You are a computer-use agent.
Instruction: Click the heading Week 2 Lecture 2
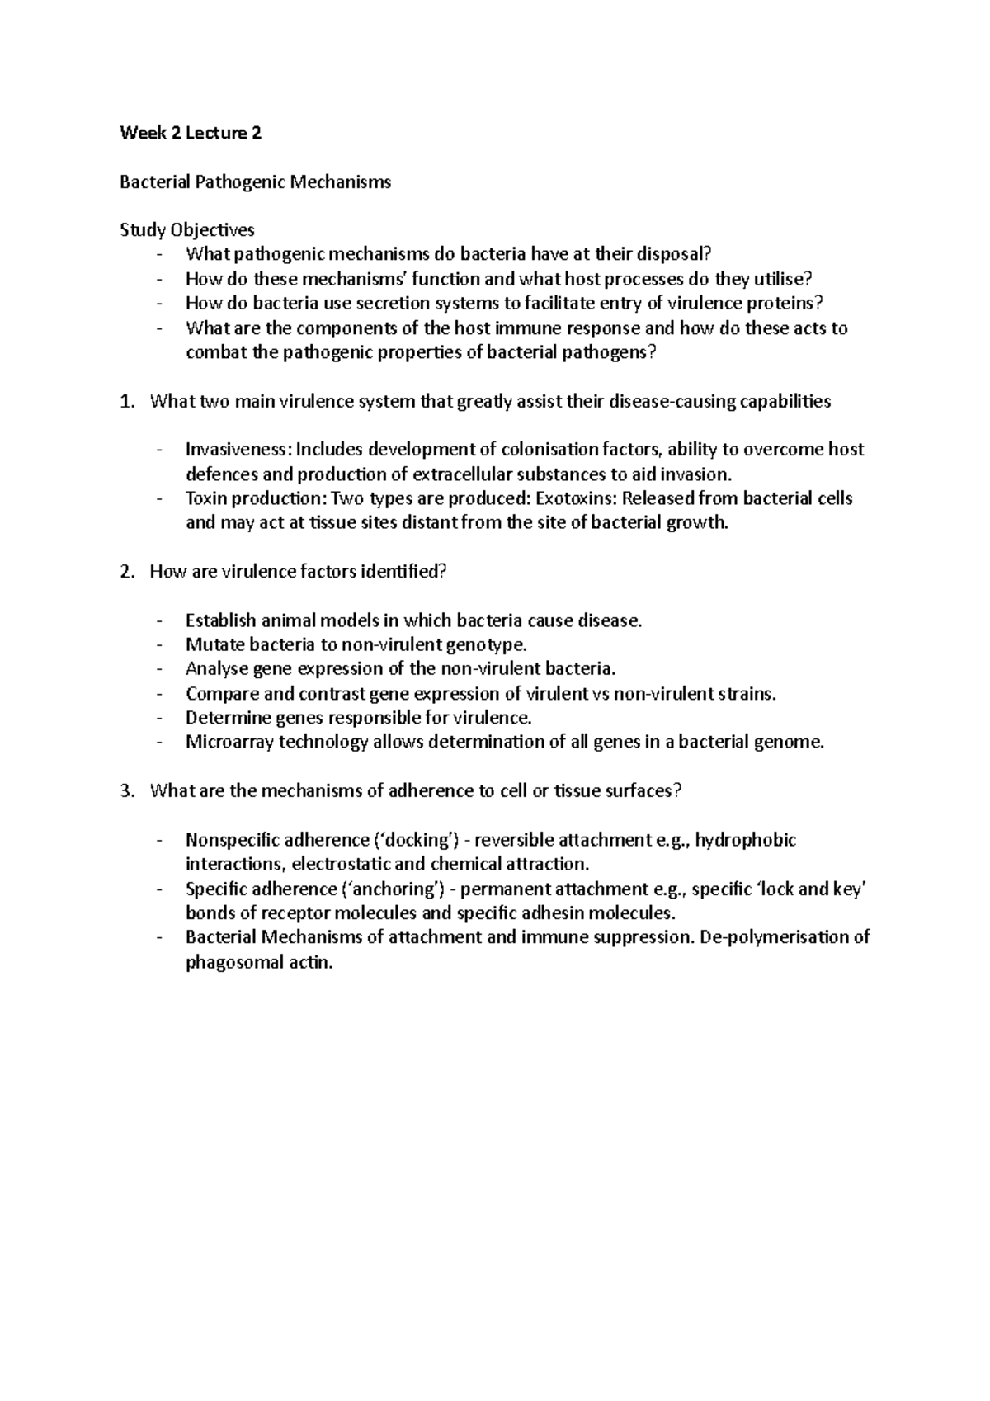[191, 133]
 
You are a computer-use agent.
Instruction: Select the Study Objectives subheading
[187, 230]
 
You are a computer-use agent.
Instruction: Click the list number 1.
[125, 402]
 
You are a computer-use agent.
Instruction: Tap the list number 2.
[125, 572]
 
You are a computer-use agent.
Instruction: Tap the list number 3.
[125, 791]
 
